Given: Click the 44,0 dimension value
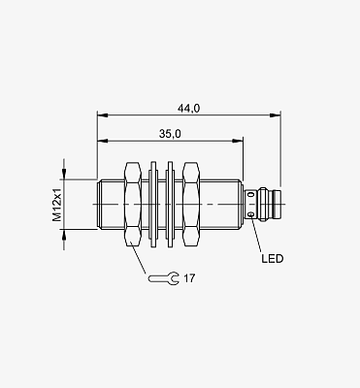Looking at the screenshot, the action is pyautogui.click(x=188, y=109).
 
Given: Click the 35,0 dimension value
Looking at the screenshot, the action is pyautogui.click(x=170, y=134).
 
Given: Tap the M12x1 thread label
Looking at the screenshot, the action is pyautogui.click(x=57, y=205).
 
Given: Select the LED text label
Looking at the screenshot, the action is pyautogui.click(x=273, y=259).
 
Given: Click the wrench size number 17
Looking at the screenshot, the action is pyautogui.click(x=189, y=278).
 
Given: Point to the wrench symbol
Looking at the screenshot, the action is pyautogui.click(x=164, y=278).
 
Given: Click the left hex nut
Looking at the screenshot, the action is pyautogui.click(x=133, y=205).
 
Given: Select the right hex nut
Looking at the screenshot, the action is pyautogui.click(x=191, y=205).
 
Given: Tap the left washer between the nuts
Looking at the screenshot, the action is pyautogui.click(x=152, y=205).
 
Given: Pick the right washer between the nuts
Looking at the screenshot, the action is pyautogui.click(x=170, y=205).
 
